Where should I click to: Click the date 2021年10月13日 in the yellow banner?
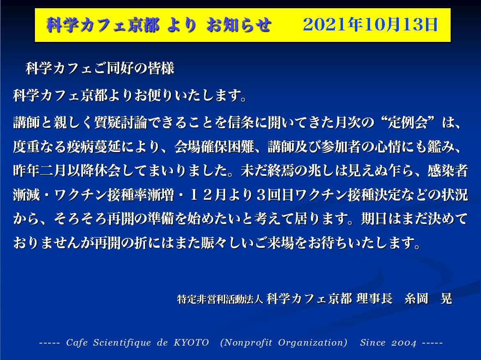pyautogui.click(x=370, y=25)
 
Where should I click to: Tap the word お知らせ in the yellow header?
pyautogui.click(x=239, y=25)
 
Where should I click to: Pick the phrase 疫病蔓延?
pyautogui.click(x=94, y=147)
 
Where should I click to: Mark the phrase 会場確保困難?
pyautogui.click(x=214, y=147)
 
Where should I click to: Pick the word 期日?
pyautogui.click(x=374, y=219)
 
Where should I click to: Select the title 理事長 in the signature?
pyautogui.click(x=375, y=298)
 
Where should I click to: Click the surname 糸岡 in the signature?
pyautogui.click(x=416, y=298)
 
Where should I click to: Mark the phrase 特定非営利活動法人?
pyautogui.click(x=220, y=299)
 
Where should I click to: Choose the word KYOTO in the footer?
pyautogui.click(x=191, y=342)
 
